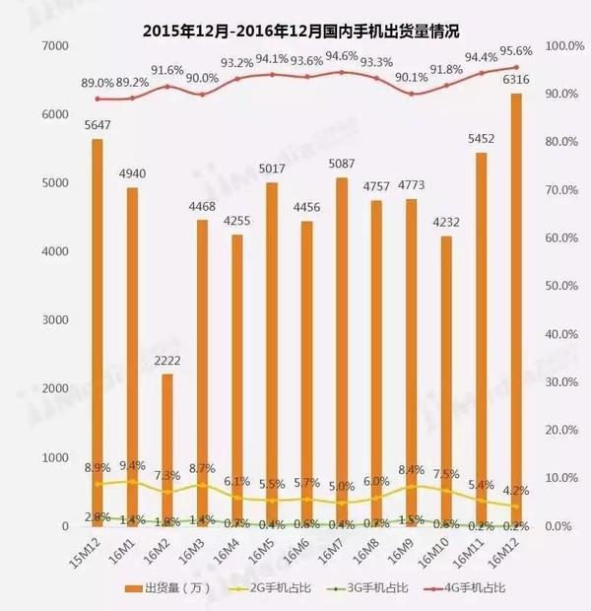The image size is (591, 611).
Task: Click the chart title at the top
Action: [295, 17]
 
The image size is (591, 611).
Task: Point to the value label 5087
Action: [341, 166]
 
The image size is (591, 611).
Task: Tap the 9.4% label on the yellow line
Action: [134, 465]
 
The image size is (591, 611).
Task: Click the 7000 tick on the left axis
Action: [52, 46]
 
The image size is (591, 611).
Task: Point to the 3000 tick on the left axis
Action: [52, 321]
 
